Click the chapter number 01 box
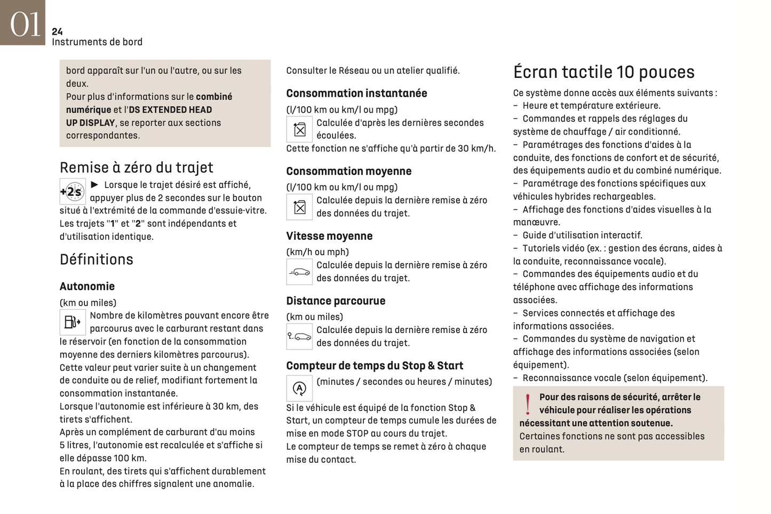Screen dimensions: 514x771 click(22, 22)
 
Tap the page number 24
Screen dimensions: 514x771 click(57, 31)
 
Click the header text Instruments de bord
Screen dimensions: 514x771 click(97, 42)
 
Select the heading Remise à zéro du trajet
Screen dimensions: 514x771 click(136, 168)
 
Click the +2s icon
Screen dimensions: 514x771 click(72, 192)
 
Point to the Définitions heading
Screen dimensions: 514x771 click(97, 259)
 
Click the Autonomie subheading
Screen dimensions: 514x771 click(87, 287)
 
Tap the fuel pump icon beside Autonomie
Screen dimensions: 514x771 click(72, 322)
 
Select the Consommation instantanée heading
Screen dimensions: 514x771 click(356, 93)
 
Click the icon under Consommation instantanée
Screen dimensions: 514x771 click(299, 129)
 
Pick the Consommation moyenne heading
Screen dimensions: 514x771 click(348, 171)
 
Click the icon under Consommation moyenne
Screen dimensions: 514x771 click(299, 207)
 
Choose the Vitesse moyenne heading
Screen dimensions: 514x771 click(329, 236)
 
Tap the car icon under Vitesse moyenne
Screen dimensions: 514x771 click(299, 272)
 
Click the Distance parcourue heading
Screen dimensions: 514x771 click(336, 301)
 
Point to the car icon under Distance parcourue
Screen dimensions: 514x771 click(299, 336)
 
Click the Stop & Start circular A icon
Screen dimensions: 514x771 click(299, 388)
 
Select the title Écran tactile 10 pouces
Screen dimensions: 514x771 click(603, 72)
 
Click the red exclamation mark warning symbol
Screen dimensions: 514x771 click(528, 404)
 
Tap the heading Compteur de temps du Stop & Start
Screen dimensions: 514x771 click(375, 366)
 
